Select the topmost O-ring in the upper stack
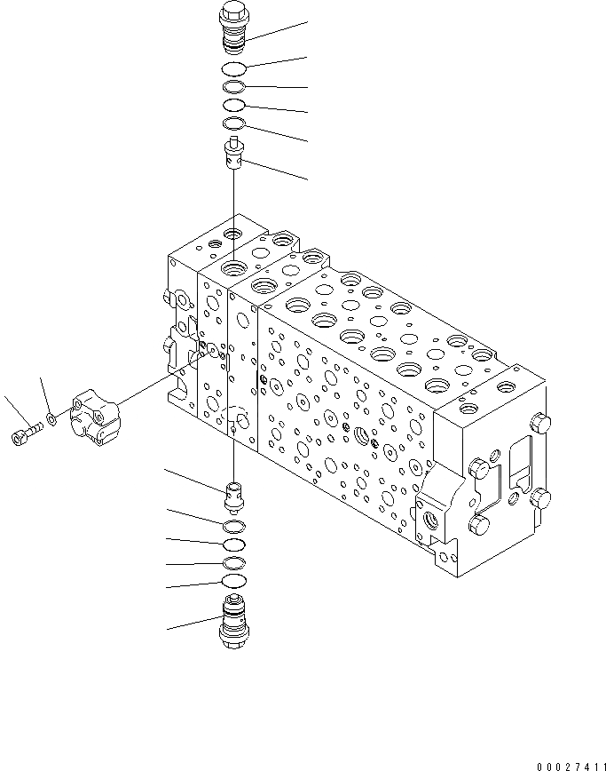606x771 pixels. pos(232,69)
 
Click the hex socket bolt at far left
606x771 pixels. pos(26,433)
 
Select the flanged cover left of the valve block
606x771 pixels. pos(96,412)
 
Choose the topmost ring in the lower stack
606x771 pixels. pos(232,529)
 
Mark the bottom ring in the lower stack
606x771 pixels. pos(232,581)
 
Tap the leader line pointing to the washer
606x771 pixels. pos(44,395)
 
